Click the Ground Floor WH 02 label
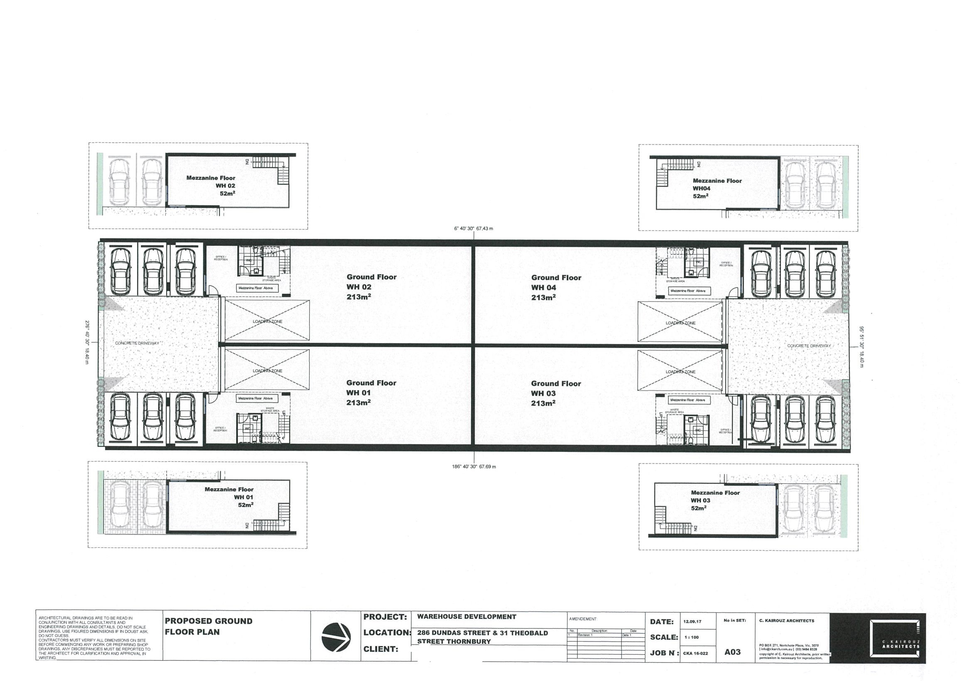pos(371,287)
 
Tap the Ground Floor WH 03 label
pos(556,393)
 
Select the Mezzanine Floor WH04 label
pos(717,188)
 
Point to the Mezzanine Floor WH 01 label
pos(229,496)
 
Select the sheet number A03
pos(732,652)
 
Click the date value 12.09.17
pos(692,621)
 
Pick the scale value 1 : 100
pos(691,637)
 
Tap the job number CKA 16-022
pos(695,653)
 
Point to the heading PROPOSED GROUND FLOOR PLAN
pos(208,626)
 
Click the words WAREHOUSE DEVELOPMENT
pos(466,617)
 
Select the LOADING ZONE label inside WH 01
pos(267,371)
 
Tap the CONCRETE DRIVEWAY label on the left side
pos(137,343)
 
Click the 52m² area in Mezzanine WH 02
pos(227,194)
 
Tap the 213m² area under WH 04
pos(543,297)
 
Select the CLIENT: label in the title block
pos(380,649)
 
